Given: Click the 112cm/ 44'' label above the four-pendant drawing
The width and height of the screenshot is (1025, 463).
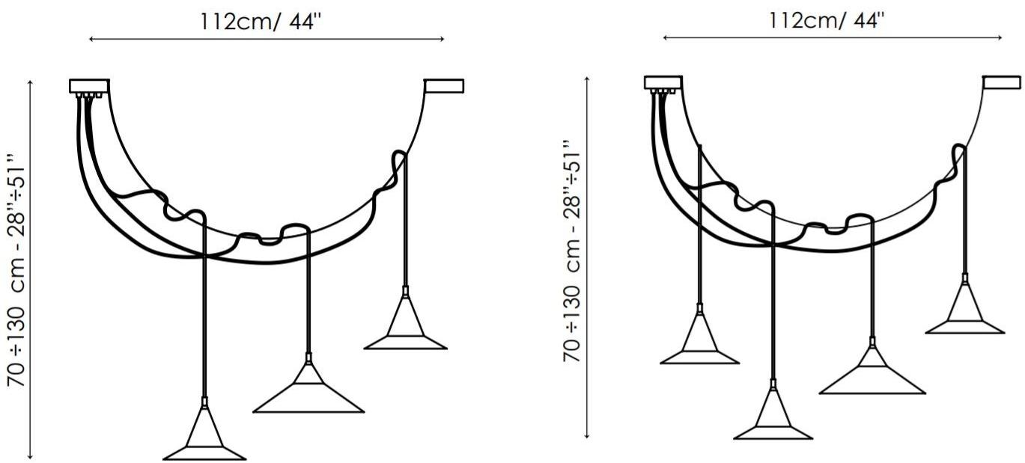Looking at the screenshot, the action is (x=827, y=20).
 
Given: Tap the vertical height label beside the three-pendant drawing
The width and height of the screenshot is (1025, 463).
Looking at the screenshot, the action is (x=18, y=270).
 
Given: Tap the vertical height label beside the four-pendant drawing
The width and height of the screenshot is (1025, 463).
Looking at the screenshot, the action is (x=572, y=251).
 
